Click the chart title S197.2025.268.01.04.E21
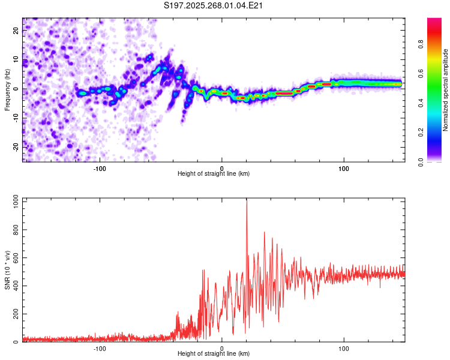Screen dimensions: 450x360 coord(213,5)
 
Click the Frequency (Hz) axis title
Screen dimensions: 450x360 coord(7,90)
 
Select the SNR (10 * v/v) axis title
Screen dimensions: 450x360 coord(7,270)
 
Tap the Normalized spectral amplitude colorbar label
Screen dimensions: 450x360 coord(445,90)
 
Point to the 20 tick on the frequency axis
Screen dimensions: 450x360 coord(16,30)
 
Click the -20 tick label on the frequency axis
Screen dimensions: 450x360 coord(16,148)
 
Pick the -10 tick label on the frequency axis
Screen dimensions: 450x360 coord(16,118)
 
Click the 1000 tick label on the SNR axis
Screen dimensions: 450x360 coord(16,202)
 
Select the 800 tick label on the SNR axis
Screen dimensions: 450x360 coord(16,230)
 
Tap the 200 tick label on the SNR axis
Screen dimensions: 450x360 coord(16,314)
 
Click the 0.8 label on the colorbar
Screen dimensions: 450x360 coord(421,45)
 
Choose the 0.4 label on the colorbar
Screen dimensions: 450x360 coord(421,103)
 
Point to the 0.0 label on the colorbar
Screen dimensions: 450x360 coord(421,162)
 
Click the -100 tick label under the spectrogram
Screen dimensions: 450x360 coord(99,169)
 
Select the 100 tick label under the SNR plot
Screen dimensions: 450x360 coord(344,349)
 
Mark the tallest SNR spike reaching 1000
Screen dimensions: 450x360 coord(247,200)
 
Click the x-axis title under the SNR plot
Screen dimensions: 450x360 coord(214,353)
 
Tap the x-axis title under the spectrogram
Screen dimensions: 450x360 coord(214,173)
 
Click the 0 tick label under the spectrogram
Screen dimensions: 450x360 coord(221,169)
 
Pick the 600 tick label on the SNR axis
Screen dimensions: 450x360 coord(16,258)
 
